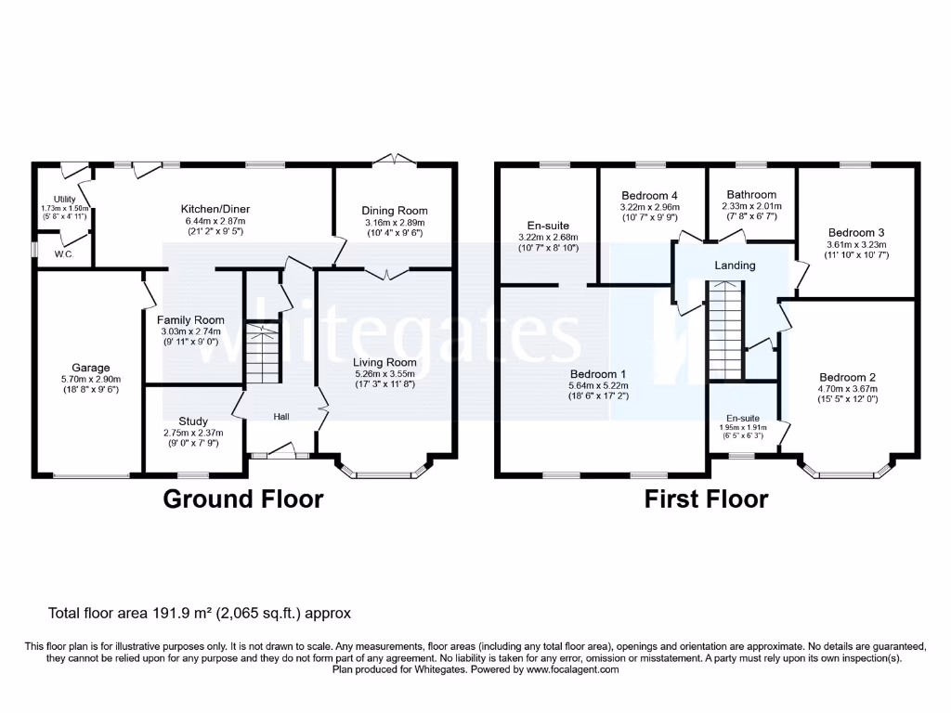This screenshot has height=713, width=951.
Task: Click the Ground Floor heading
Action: [243, 499]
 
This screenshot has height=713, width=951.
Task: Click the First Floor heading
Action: [707, 499]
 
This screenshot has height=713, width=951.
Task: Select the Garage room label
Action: [91, 367]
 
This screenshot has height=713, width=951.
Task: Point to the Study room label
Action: [192, 421]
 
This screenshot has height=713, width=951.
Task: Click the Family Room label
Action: [190, 320]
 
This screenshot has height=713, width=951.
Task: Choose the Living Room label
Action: [384, 362]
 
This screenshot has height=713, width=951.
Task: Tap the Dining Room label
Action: [394, 211]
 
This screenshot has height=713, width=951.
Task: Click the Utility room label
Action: [64, 199]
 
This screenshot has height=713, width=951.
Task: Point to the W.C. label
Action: [64, 253]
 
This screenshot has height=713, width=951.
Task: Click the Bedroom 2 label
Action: [847, 377]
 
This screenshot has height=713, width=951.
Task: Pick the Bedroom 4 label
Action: [649, 195]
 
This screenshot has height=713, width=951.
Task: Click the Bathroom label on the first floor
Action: [751, 195]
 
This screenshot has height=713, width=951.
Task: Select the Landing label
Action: [735, 266]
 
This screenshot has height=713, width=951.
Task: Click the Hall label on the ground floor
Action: [281, 418]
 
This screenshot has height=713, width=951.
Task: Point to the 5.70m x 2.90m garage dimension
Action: [91, 379]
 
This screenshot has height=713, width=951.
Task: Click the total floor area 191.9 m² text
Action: [200, 614]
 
